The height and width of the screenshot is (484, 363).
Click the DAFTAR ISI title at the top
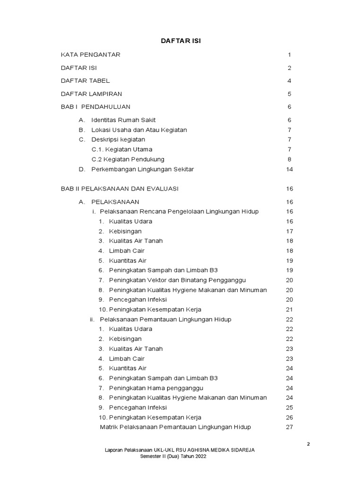(181, 41)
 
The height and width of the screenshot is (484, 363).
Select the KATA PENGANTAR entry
(91, 55)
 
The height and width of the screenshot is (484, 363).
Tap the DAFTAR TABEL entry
(85, 81)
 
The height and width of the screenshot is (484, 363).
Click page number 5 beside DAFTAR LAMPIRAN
(289, 94)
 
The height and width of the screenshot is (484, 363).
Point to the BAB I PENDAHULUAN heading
(95, 107)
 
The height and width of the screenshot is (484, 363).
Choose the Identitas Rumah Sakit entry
(123, 120)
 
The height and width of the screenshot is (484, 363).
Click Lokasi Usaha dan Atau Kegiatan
(139, 130)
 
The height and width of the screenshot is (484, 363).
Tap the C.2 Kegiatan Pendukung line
(128, 159)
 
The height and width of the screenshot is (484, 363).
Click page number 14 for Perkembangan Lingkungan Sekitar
(290, 169)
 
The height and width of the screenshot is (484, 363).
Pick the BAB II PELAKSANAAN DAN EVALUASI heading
(120, 189)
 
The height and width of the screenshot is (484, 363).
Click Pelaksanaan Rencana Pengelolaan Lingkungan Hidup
(179, 211)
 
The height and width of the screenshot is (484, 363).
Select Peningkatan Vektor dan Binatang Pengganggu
(177, 280)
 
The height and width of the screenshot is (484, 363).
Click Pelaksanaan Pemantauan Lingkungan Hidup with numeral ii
(165, 320)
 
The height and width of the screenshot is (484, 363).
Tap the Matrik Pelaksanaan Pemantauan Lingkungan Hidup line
(175, 427)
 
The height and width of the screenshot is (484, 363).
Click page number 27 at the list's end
(290, 427)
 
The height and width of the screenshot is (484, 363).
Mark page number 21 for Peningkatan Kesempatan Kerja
(290, 310)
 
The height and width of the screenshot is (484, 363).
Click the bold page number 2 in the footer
(308, 444)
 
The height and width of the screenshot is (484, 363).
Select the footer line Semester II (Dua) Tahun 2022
(173, 457)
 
